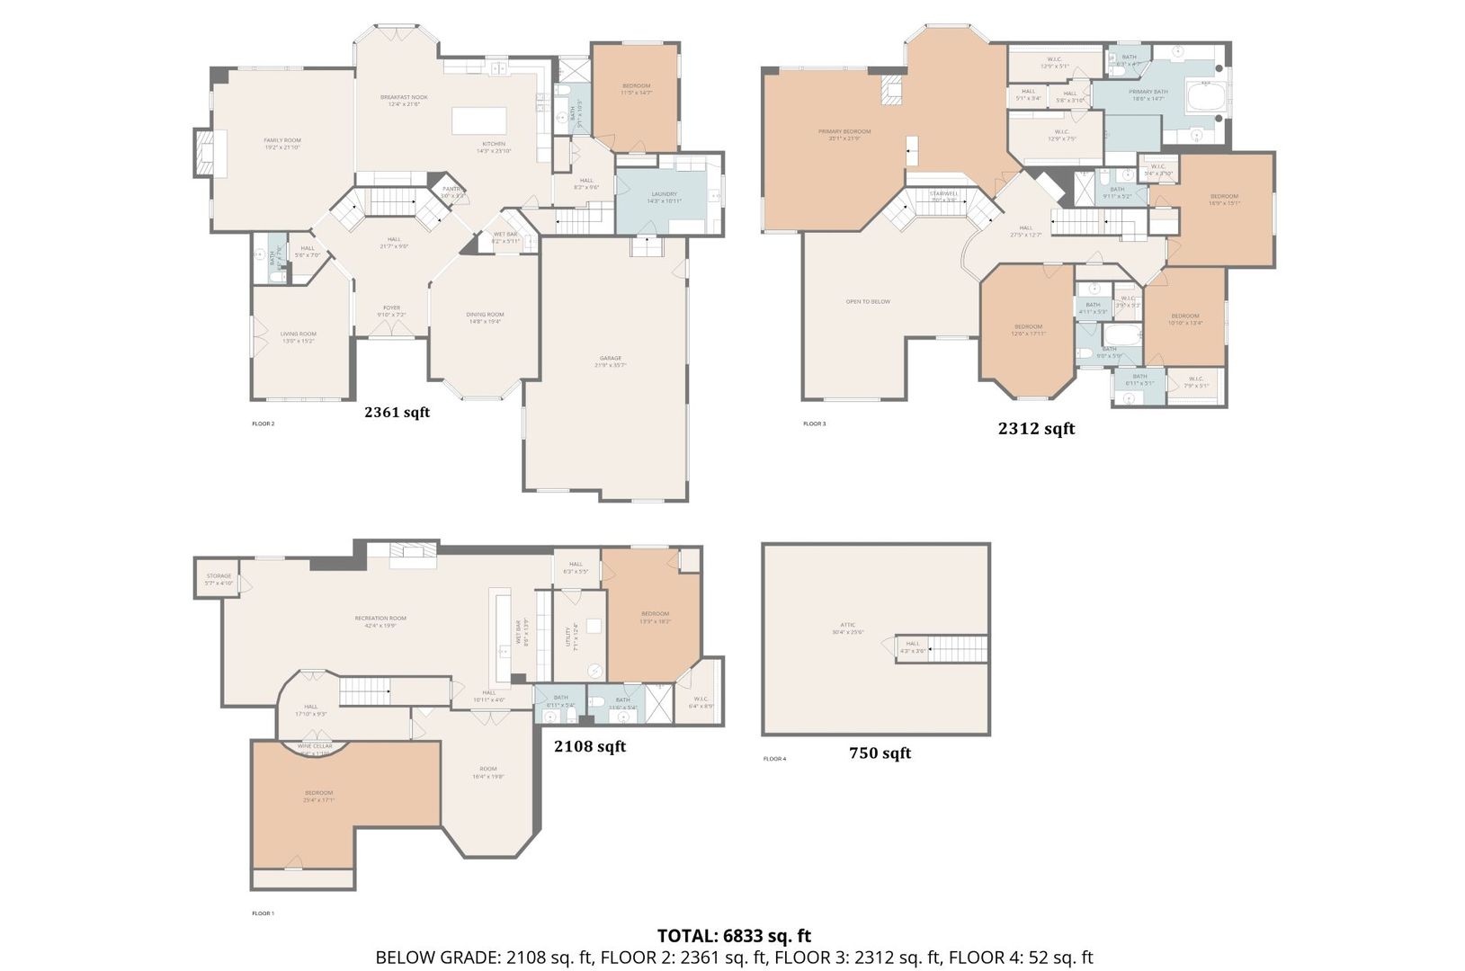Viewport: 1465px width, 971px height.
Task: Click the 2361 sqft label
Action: coord(397,413)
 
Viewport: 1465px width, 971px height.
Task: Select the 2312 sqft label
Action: coord(1036,429)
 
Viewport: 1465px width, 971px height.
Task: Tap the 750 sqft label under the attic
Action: coord(880,753)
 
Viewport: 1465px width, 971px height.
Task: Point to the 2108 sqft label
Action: coord(589,746)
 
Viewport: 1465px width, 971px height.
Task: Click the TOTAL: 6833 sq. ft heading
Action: coord(734,936)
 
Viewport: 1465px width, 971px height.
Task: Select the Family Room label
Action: coord(282,140)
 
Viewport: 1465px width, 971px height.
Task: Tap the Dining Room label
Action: coord(485,315)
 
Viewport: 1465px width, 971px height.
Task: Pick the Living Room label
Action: coord(299,334)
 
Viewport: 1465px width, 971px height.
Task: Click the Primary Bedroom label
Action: coord(844,132)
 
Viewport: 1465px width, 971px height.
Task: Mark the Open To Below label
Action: coord(868,301)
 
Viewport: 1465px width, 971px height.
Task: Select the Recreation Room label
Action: coord(380,618)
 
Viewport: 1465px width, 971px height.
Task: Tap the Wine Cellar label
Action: coord(316,746)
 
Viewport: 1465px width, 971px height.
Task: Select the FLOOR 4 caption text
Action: coord(774,759)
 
